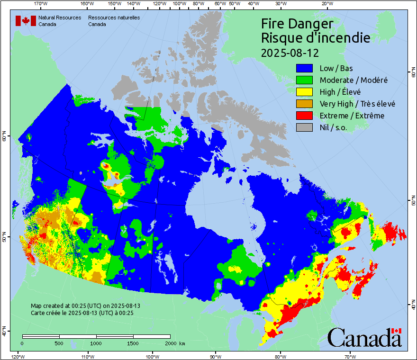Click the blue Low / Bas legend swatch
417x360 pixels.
[x=305, y=68]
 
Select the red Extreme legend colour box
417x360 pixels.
[x=305, y=116]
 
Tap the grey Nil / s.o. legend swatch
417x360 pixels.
[x=305, y=127]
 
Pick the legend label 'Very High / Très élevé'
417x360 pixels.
[x=357, y=104]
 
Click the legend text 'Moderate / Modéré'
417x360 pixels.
[x=354, y=80]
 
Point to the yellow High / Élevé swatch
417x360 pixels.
[x=305, y=92]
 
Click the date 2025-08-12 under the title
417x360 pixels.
[x=290, y=52]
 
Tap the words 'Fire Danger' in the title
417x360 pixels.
[x=297, y=24]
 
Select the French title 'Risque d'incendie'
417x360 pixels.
[x=315, y=38]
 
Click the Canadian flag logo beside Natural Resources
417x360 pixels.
[x=26, y=21]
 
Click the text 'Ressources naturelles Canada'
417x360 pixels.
[x=114, y=21]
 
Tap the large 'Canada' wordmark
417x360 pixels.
[x=364, y=338]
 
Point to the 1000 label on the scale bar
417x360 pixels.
[x=96, y=343]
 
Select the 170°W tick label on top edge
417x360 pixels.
[x=41, y=4]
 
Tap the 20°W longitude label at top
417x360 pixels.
[x=326, y=4]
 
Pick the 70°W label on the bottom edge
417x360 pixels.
[x=350, y=356]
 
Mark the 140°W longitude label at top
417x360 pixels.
[x=134, y=4]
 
